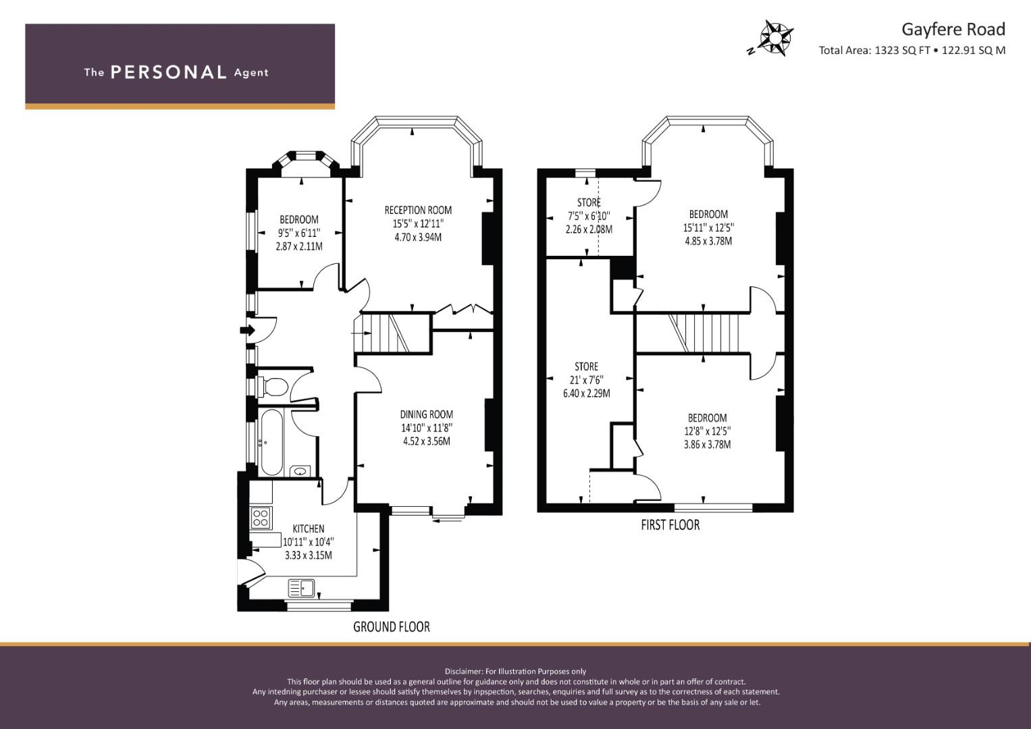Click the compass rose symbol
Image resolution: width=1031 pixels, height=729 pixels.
click(776, 38)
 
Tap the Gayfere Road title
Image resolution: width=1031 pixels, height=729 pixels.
click(953, 30)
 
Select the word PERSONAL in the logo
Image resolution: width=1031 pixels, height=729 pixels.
click(169, 72)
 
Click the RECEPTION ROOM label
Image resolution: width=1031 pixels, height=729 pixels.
click(418, 211)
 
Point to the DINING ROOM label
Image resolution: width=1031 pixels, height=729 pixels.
click(426, 414)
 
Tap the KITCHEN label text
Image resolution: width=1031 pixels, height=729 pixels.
click(309, 529)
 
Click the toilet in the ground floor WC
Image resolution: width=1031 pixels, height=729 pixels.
click(273, 387)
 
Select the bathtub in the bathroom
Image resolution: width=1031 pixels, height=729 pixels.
click(271, 442)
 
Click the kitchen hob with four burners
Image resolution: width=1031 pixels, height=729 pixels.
click(261, 517)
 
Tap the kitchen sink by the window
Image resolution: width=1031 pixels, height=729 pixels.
click(302, 588)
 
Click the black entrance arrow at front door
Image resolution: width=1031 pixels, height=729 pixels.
click(247, 330)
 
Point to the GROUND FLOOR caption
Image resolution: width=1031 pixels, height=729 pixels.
click(391, 627)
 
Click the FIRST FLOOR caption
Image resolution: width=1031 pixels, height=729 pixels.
click(670, 524)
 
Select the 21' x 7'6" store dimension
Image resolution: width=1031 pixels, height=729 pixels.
click(586, 380)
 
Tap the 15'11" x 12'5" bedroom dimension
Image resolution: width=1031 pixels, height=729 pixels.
click(708, 228)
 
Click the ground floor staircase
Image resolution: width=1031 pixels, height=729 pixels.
click(393, 333)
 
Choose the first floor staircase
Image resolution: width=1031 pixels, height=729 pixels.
click(693, 333)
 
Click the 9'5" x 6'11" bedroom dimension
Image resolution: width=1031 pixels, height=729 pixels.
click(298, 233)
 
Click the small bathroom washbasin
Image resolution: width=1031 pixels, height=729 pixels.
click(300, 471)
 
